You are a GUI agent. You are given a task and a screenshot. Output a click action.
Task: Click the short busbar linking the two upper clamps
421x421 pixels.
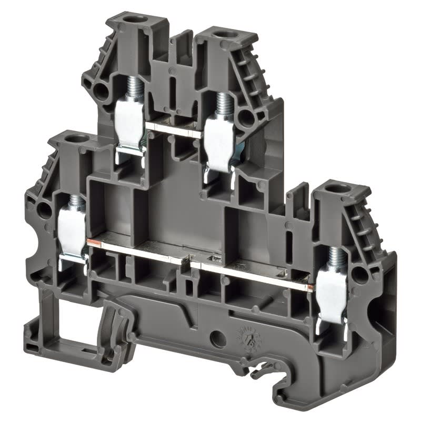174,130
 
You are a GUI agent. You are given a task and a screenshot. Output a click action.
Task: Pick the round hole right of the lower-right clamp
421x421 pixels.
360,272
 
